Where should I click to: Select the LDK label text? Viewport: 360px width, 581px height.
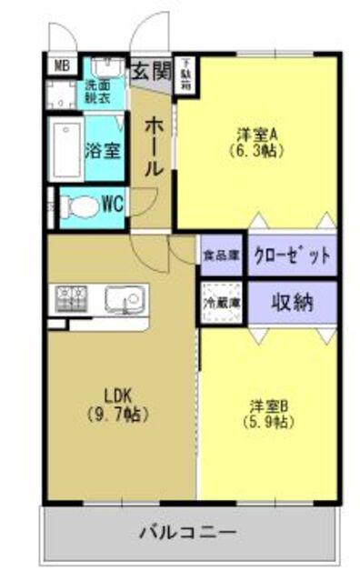pos(119,396)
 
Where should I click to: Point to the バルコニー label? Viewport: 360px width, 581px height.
pos(189,534)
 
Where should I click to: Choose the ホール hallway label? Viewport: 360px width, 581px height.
pos(154,145)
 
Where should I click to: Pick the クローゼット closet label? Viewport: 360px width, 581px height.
pos(291,255)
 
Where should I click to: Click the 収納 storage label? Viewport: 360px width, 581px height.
pos(291,302)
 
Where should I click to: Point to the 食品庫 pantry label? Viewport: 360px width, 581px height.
pos(220,255)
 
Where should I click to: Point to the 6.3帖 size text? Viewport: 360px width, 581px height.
pos(258,152)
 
